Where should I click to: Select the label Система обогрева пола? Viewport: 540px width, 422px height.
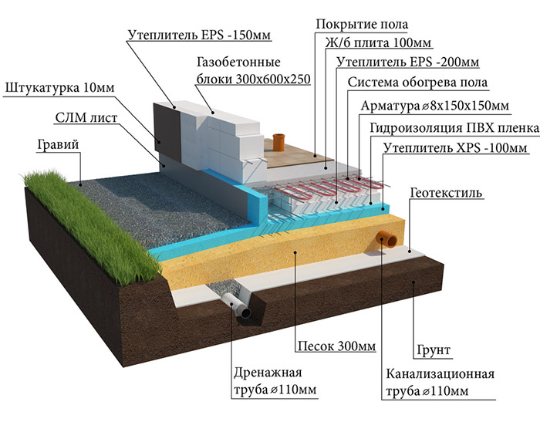(x=417, y=82)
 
